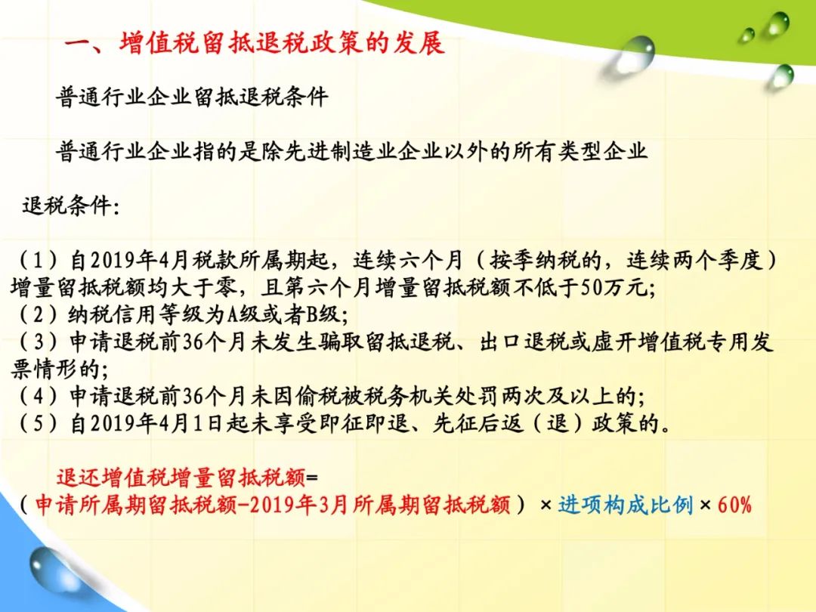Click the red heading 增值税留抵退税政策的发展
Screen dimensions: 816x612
click(283, 42)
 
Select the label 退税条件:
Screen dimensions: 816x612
click(71, 206)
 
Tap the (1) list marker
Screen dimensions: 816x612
click(39, 260)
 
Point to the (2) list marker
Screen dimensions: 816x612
click(39, 314)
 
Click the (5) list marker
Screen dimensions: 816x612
click(39, 424)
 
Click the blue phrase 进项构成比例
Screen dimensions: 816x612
click(626, 505)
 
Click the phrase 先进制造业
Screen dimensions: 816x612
click(340, 151)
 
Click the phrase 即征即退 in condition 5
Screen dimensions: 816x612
click(363, 424)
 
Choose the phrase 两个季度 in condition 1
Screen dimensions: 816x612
click(720, 260)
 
